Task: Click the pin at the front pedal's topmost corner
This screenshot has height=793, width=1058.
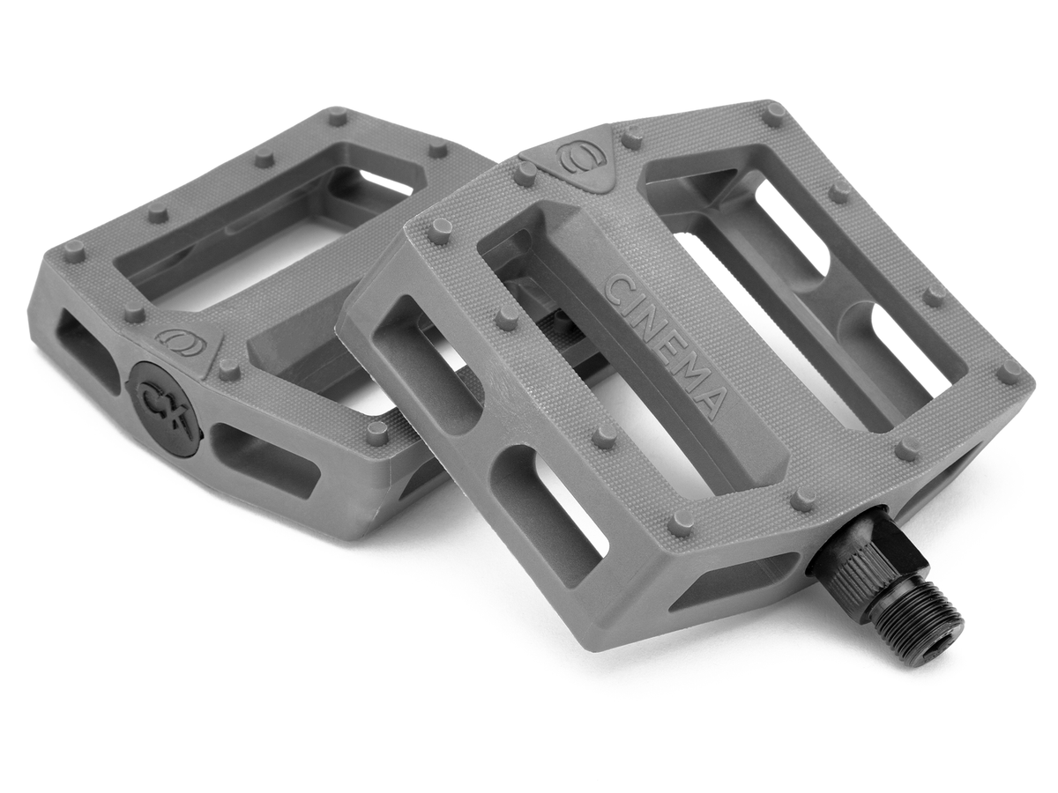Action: click(x=774, y=114)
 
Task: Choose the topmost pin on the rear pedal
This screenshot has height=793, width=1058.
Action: click(x=337, y=115)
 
